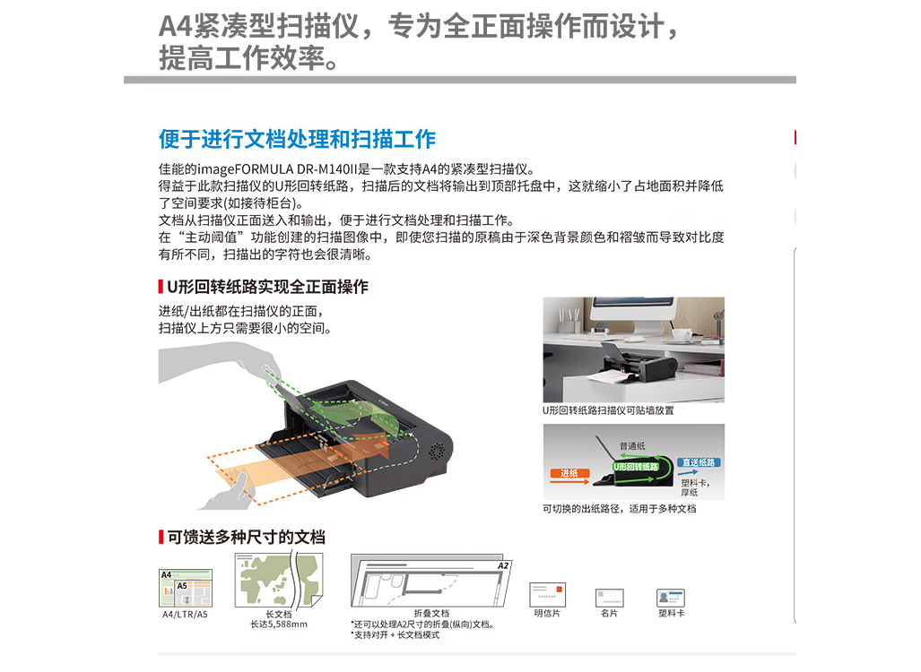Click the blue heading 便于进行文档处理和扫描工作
(297, 139)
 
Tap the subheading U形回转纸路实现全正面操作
(268, 287)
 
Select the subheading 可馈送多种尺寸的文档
(246, 537)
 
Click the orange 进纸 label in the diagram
(569, 473)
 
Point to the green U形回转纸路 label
(636, 467)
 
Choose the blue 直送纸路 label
(699, 462)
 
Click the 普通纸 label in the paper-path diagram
(632, 446)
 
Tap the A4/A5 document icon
(186, 588)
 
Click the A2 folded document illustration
(431, 581)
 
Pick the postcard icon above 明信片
(547, 595)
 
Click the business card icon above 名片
(610, 598)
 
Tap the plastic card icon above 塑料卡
(671, 598)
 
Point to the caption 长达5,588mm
(279, 625)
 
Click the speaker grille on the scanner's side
(437, 451)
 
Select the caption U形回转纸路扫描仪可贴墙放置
(608, 410)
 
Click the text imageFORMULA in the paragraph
(245, 169)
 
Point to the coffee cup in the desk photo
(682, 334)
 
